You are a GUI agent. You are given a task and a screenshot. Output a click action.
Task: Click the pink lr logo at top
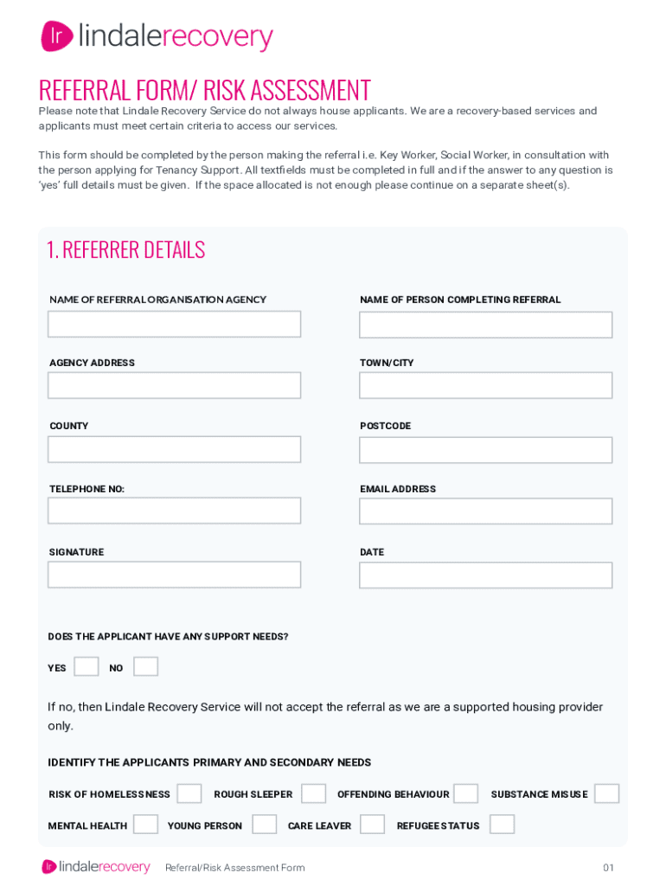57,36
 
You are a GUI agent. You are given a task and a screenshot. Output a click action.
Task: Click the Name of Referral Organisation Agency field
174,324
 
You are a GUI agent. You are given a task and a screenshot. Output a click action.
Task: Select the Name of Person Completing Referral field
485,324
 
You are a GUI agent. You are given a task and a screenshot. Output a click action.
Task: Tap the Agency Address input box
174,385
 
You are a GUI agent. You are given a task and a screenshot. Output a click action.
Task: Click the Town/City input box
485,385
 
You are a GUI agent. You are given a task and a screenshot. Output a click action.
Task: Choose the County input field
174,449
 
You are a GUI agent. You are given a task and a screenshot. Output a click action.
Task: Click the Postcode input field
485,450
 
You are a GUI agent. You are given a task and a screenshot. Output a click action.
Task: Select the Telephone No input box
174,510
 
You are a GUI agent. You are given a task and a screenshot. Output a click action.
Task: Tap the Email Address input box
485,511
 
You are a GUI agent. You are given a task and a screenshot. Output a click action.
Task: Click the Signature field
174,575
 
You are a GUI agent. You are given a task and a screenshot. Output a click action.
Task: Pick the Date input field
485,575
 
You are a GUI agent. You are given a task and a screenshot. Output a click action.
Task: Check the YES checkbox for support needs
86,667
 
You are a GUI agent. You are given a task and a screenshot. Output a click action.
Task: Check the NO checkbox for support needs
145,667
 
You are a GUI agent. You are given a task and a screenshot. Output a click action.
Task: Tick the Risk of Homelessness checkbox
189,793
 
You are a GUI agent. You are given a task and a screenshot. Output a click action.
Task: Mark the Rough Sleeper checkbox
313,793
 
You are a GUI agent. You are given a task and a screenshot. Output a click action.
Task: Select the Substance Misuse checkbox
606,793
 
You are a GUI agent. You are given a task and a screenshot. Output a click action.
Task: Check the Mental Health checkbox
145,825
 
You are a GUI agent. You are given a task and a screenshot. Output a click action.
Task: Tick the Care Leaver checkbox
372,825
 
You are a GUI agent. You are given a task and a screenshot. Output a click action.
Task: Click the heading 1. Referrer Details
125,250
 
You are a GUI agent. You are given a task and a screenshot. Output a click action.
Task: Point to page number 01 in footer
608,868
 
